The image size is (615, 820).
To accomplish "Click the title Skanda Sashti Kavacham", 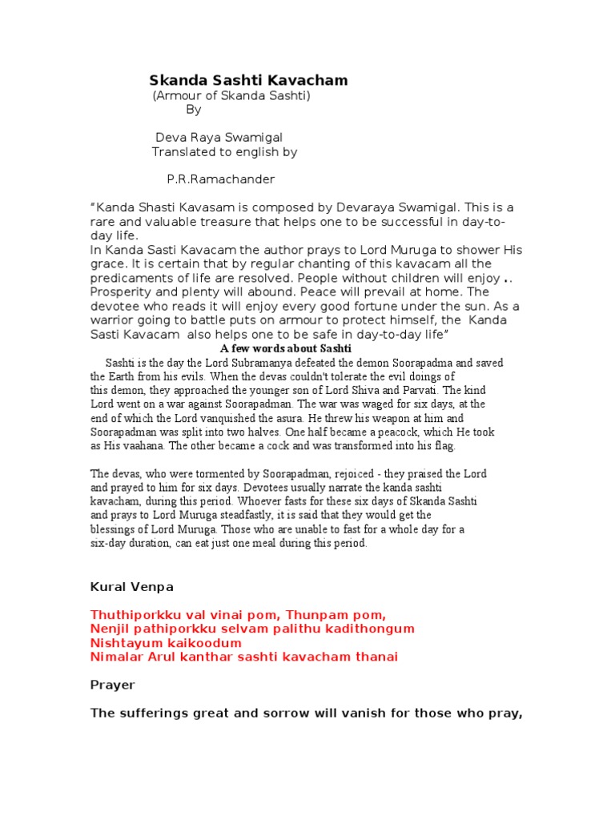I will click(x=248, y=80).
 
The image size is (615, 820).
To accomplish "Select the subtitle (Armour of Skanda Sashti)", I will click(x=231, y=96).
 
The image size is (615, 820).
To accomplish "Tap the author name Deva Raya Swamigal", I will click(x=219, y=138).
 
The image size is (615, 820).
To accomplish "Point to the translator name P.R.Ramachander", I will click(x=221, y=179).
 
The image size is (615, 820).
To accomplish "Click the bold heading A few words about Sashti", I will click(x=285, y=349).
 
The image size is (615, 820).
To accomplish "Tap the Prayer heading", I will click(x=113, y=685).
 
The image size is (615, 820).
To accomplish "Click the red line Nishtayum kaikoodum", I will click(x=166, y=643).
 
